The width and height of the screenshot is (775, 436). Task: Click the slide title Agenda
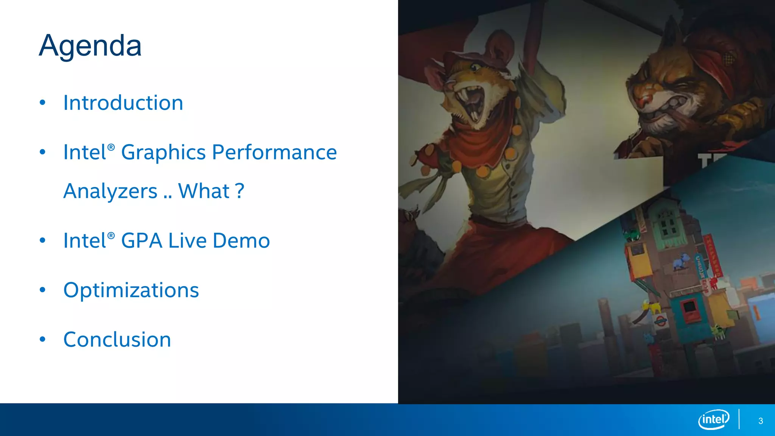(x=90, y=46)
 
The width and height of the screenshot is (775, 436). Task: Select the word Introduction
(x=123, y=103)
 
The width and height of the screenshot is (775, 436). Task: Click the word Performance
(x=274, y=153)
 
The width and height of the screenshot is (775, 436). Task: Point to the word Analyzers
(x=110, y=191)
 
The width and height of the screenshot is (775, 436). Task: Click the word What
(x=204, y=191)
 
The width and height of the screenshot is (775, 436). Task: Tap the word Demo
(x=241, y=241)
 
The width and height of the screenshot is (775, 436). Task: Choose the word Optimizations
(x=131, y=290)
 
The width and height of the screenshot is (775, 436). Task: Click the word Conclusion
(x=117, y=339)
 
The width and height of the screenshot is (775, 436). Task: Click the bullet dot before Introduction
(x=42, y=103)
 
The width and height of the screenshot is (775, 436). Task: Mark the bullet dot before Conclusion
(x=42, y=339)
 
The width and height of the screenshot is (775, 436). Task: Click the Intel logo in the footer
(x=713, y=419)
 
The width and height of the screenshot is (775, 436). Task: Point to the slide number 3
(x=761, y=421)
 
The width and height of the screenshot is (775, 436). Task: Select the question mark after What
(x=239, y=191)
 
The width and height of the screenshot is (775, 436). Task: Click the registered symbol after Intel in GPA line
(x=111, y=236)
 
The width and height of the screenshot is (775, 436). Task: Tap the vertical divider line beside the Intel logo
(x=739, y=419)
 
